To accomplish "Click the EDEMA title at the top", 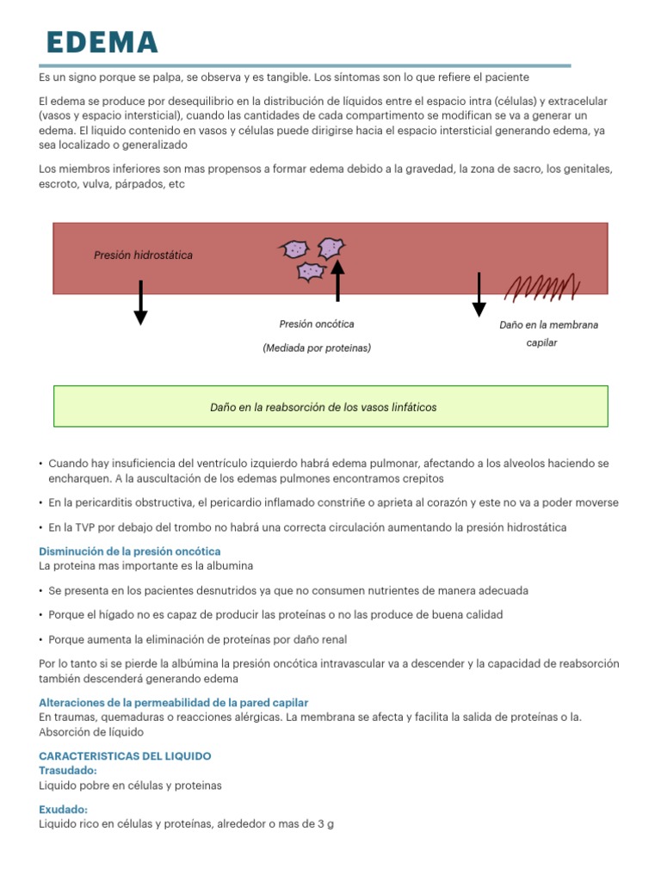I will (x=102, y=42).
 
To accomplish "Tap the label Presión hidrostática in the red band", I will (x=143, y=256).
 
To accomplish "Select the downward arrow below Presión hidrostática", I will (x=140, y=303).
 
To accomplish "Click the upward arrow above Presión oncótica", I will (x=337, y=280).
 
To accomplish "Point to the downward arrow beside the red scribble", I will (x=479, y=294).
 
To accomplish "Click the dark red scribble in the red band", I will (x=541, y=286).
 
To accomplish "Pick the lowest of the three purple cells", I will (x=310, y=272).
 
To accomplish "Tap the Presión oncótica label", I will (x=316, y=324).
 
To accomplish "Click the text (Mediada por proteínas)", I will (x=317, y=348).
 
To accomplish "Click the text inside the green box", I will (x=323, y=407).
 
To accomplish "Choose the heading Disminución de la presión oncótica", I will (x=130, y=551).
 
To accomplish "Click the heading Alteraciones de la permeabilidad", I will (x=173, y=703).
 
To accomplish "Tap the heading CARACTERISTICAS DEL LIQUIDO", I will (x=125, y=755).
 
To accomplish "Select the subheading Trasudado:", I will (x=68, y=771).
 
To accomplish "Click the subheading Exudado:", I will (x=63, y=810).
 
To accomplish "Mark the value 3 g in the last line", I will (x=325, y=824).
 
